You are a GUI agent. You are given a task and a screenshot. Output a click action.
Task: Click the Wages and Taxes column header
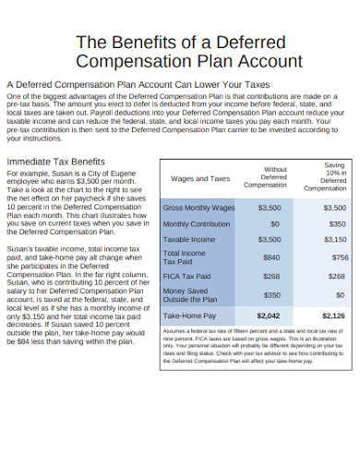click(200, 178)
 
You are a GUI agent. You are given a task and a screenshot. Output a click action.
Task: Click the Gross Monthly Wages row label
click(198, 208)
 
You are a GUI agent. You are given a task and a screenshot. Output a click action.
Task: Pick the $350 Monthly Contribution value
click(337, 224)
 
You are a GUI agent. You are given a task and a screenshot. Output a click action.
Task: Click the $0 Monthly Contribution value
click(275, 224)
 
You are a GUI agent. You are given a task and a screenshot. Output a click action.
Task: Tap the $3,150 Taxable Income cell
click(335, 240)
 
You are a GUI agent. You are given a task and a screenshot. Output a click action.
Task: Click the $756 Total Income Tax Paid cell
click(340, 257)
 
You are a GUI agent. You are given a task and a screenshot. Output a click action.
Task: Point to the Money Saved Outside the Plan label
click(190, 295)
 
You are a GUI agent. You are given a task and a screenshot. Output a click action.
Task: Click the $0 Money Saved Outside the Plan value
click(340, 295)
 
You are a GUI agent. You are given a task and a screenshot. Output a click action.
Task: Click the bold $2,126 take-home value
click(335, 316)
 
